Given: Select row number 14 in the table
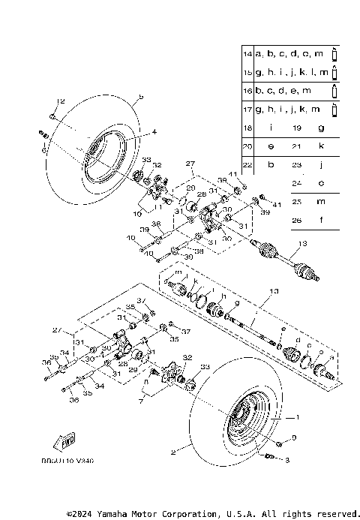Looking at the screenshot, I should tap(247, 55).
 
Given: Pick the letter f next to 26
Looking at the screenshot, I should tap(320, 220).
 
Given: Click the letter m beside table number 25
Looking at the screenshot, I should tap(320, 202).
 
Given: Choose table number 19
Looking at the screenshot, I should tap(296, 128).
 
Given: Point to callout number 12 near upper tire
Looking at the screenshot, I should tap(61, 101).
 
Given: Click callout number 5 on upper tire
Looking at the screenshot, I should tap(140, 97).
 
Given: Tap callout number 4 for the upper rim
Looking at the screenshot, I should tap(154, 132).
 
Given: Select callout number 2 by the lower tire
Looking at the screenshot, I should tap(173, 452).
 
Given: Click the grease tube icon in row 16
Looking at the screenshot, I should tap(334, 91).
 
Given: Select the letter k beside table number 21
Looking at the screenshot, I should tap(320, 146).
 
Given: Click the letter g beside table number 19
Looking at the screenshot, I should tap(320, 128).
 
